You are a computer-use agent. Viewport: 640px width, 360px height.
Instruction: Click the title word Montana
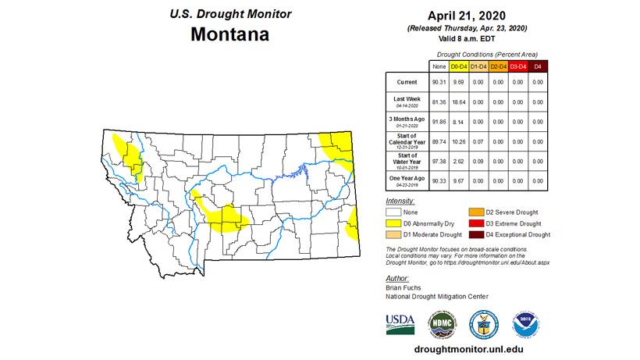click(x=229, y=35)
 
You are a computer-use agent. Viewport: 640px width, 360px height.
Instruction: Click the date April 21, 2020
click(x=467, y=15)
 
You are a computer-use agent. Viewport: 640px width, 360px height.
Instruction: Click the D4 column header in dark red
click(x=536, y=66)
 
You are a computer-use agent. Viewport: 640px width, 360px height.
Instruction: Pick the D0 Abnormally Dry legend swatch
click(x=394, y=223)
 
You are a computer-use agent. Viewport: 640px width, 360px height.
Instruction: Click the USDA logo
click(x=400, y=322)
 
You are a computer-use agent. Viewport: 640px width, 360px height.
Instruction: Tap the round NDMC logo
click(x=440, y=323)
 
